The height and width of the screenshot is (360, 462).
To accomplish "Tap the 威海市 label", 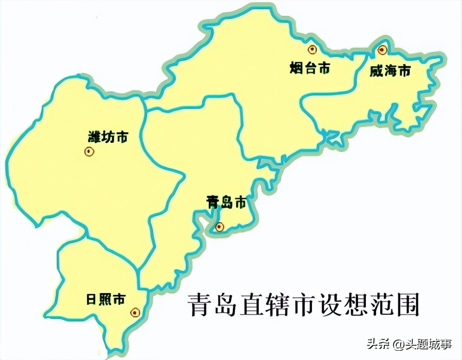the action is (x=390, y=71).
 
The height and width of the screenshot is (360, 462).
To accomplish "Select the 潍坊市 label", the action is (x=108, y=137).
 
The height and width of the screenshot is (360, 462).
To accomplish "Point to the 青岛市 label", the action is (x=225, y=203).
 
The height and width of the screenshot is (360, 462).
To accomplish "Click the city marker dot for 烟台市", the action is (x=311, y=49).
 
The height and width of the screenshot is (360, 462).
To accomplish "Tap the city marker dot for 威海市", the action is (x=382, y=49).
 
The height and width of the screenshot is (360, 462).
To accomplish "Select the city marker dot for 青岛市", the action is (x=220, y=227).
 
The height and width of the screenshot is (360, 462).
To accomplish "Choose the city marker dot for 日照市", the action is (x=135, y=313).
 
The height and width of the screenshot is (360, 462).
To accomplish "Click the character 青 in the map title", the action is (x=198, y=305).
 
